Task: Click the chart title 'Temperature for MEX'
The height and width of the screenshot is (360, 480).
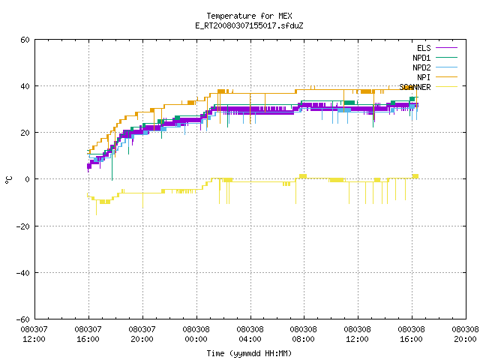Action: [x=249, y=16]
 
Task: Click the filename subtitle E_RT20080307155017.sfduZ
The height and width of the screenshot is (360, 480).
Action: [x=249, y=25]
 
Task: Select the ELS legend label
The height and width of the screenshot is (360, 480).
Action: [x=424, y=48]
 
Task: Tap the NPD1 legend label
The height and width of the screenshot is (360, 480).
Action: [x=421, y=58]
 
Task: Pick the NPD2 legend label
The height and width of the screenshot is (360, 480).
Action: [x=421, y=67]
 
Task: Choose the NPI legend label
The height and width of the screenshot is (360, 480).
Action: [x=424, y=77]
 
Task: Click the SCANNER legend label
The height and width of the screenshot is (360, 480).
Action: [x=415, y=87]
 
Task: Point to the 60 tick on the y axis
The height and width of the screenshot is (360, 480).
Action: [x=25, y=40]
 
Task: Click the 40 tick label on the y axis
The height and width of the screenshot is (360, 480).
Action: [x=25, y=86]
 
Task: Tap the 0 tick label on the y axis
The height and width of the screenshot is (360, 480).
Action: [x=27, y=179]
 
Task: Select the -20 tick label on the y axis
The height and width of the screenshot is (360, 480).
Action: [x=23, y=226]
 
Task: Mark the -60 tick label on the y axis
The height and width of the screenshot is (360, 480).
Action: [x=23, y=319]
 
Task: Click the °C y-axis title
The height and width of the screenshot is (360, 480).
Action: [x=8, y=180]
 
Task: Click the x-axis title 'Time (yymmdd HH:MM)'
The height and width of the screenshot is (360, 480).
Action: [x=249, y=353]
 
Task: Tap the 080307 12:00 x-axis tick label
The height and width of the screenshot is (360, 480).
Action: [x=34, y=334]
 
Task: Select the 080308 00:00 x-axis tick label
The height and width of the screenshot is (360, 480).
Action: [x=196, y=334]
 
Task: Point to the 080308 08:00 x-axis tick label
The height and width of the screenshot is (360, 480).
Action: [x=303, y=334]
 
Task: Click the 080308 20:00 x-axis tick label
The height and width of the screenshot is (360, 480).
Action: [x=465, y=334]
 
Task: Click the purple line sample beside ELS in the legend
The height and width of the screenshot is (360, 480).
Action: [x=446, y=48]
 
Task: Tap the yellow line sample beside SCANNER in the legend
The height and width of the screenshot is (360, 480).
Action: [x=446, y=87]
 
